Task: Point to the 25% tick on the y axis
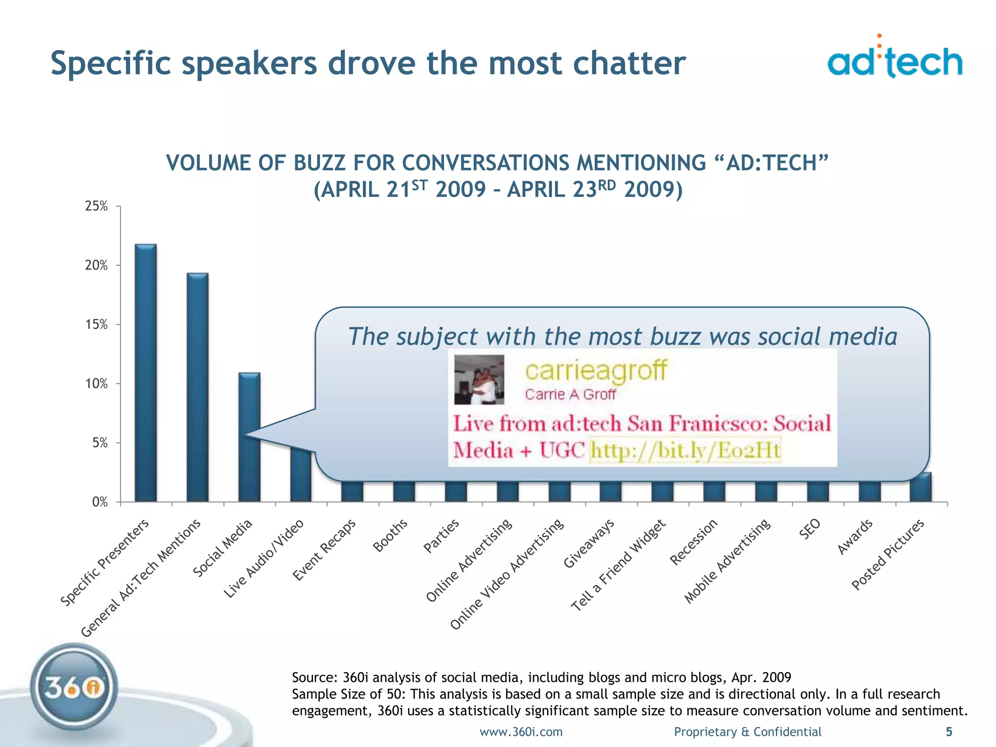(x=96, y=206)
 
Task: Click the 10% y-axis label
(x=96, y=384)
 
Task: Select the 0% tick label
(x=100, y=502)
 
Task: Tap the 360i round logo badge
(x=74, y=687)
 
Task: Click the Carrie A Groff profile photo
(x=479, y=380)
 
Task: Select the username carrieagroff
(x=596, y=371)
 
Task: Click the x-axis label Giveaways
(x=589, y=543)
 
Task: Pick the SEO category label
(x=810, y=529)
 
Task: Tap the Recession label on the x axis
(x=694, y=542)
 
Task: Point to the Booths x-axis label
(x=390, y=535)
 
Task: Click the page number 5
(x=949, y=731)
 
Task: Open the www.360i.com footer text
(x=521, y=731)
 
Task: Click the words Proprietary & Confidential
(x=747, y=731)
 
